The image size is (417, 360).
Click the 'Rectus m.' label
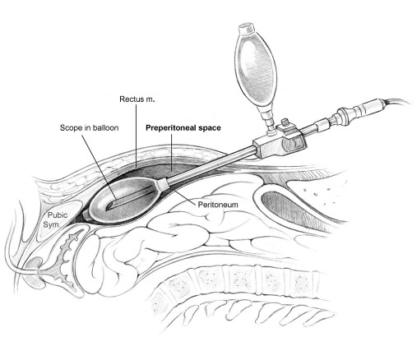(x=137, y=99)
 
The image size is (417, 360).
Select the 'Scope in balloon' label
(x=90, y=128)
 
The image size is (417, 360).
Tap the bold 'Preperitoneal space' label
(x=183, y=128)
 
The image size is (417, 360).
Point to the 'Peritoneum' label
(x=218, y=205)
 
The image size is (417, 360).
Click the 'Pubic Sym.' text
(x=55, y=219)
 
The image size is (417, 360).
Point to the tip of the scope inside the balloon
(x=108, y=207)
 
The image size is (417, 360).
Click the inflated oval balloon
(x=123, y=200)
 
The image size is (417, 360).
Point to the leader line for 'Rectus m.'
(x=136, y=136)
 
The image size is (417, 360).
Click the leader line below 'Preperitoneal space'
(x=171, y=152)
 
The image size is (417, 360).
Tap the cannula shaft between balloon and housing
(x=211, y=164)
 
